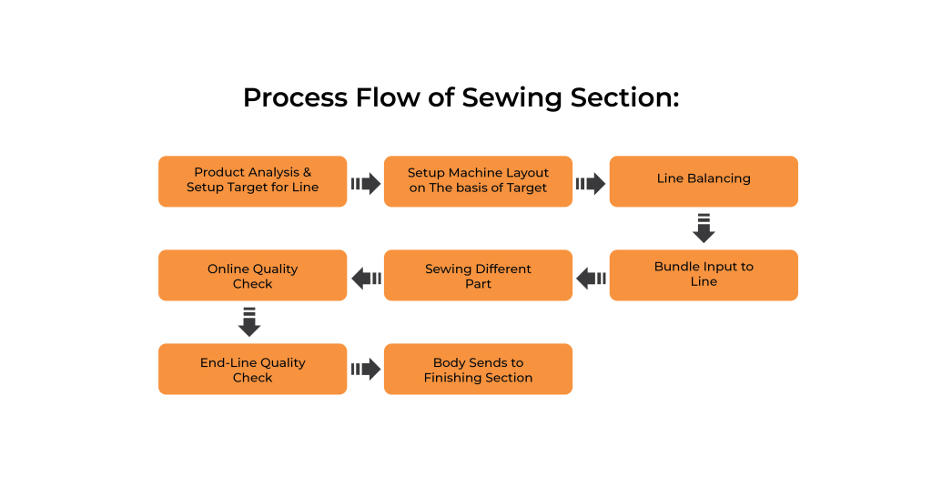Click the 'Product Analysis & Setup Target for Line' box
point(253,181)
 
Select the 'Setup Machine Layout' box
point(478,181)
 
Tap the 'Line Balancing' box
point(704,181)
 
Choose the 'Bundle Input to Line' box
point(704,275)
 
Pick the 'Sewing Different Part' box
point(478,275)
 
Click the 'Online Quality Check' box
point(253,275)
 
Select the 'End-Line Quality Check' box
point(253,369)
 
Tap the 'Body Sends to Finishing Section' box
point(478,369)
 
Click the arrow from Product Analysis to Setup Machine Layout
point(366,184)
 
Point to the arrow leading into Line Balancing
point(591,184)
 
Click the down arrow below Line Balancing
point(704,229)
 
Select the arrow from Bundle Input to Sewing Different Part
point(591,279)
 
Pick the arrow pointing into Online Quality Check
point(366,279)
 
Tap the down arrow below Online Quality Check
point(249,322)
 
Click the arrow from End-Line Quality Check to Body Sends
point(366,369)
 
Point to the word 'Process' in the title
point(295,97)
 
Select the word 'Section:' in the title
point(624,97)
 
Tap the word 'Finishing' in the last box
point(453,378)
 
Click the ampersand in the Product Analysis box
point(307,172)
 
